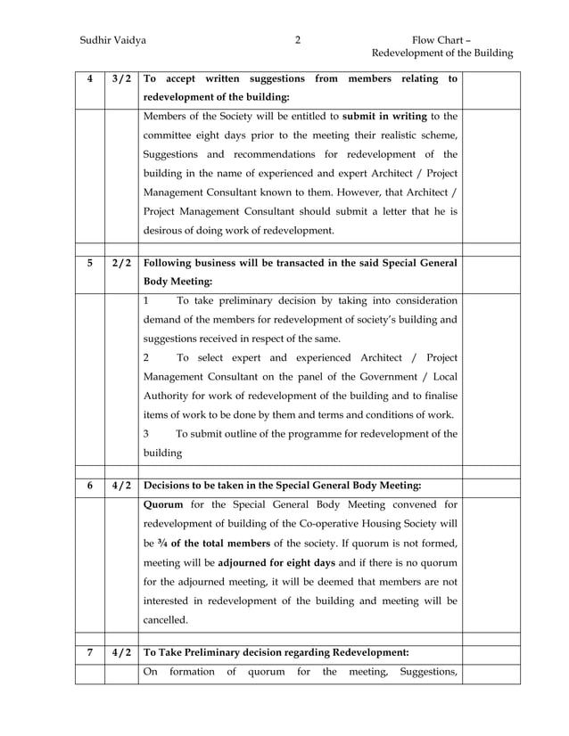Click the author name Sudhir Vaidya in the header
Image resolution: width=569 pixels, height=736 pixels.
113,39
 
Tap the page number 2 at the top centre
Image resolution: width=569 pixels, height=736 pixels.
298,39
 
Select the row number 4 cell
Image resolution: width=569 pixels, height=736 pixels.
89,78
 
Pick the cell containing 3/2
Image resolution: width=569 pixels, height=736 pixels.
122,78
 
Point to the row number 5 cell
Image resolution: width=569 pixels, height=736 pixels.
89,264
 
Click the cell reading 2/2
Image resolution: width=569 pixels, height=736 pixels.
122,264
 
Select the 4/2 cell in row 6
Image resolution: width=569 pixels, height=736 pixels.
122,486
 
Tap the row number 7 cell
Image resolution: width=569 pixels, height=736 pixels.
89,651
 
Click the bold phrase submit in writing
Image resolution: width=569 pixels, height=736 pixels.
384,115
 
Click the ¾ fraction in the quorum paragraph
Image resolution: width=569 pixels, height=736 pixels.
163,543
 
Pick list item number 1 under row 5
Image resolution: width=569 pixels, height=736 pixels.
147,300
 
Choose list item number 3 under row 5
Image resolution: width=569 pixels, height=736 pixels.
147,434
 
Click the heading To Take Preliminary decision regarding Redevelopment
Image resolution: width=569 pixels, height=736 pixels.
276,651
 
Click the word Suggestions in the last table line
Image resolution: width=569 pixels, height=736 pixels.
429,671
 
